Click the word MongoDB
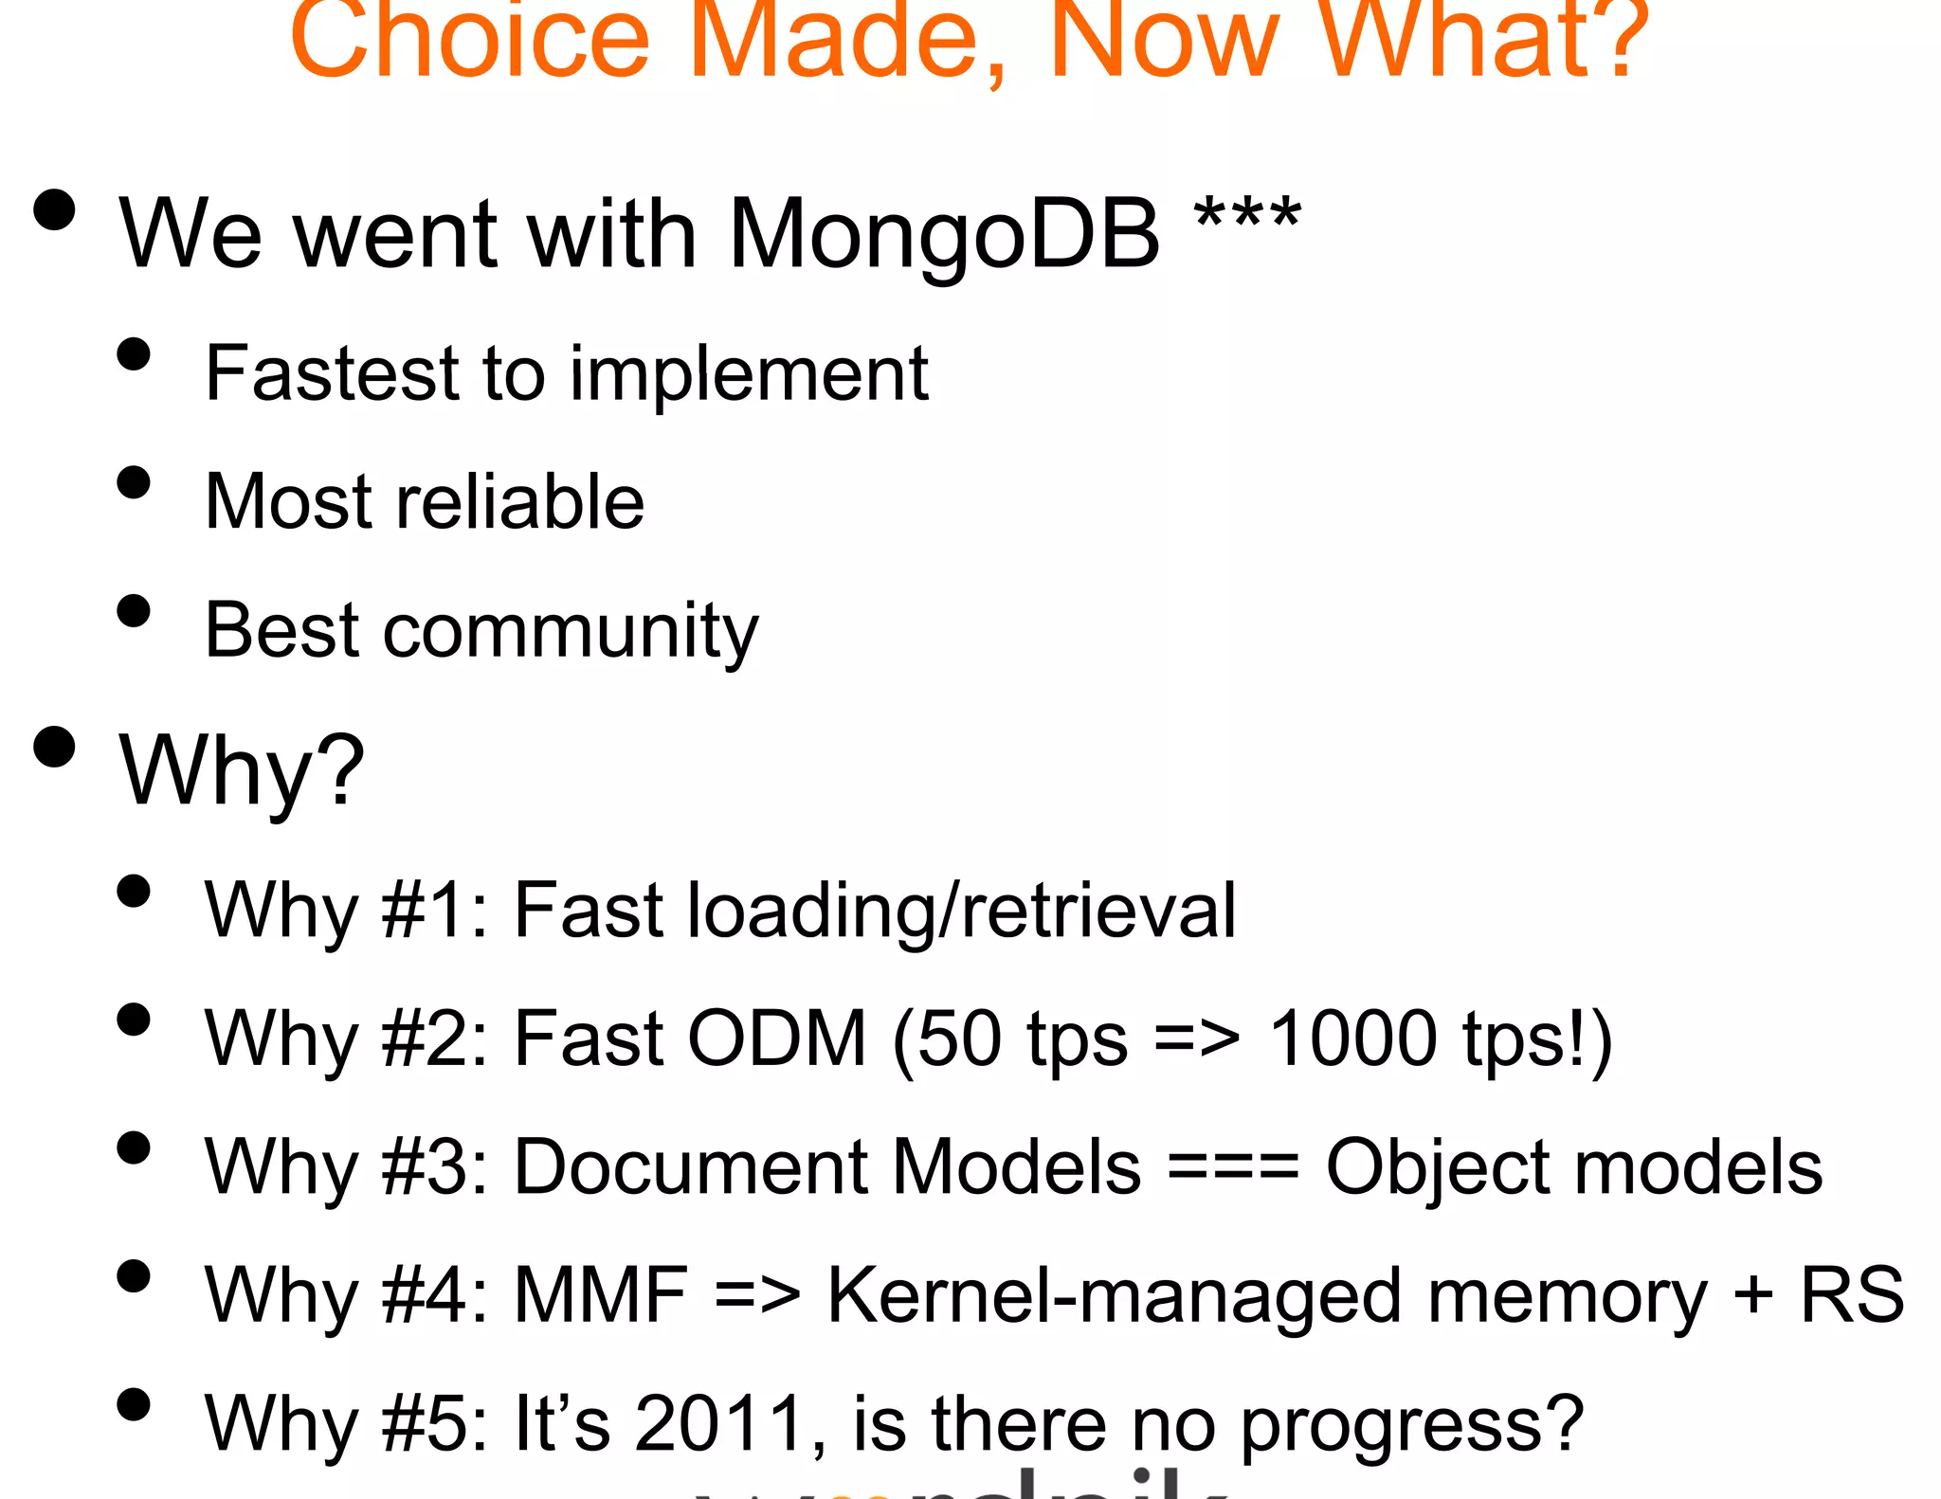[x=944, y=234]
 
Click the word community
[x=571, y=632]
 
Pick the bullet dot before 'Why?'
[x=54, y=747]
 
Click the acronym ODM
[x=776, y=1038]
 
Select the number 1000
[x=1352, y=1038]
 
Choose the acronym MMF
[x=600, y=1295]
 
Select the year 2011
[x=720, y=1423]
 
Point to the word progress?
[x=1412, y=1425]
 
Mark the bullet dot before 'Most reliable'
[x=134, y=481]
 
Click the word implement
[x=749, y=375]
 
